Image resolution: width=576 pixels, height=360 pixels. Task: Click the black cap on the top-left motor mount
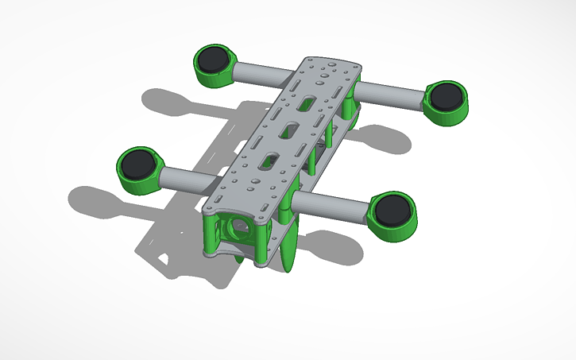pos(213,60)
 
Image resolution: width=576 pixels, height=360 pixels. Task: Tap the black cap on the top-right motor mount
pos(446,95)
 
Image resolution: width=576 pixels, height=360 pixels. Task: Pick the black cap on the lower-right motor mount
pos(393,210)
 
